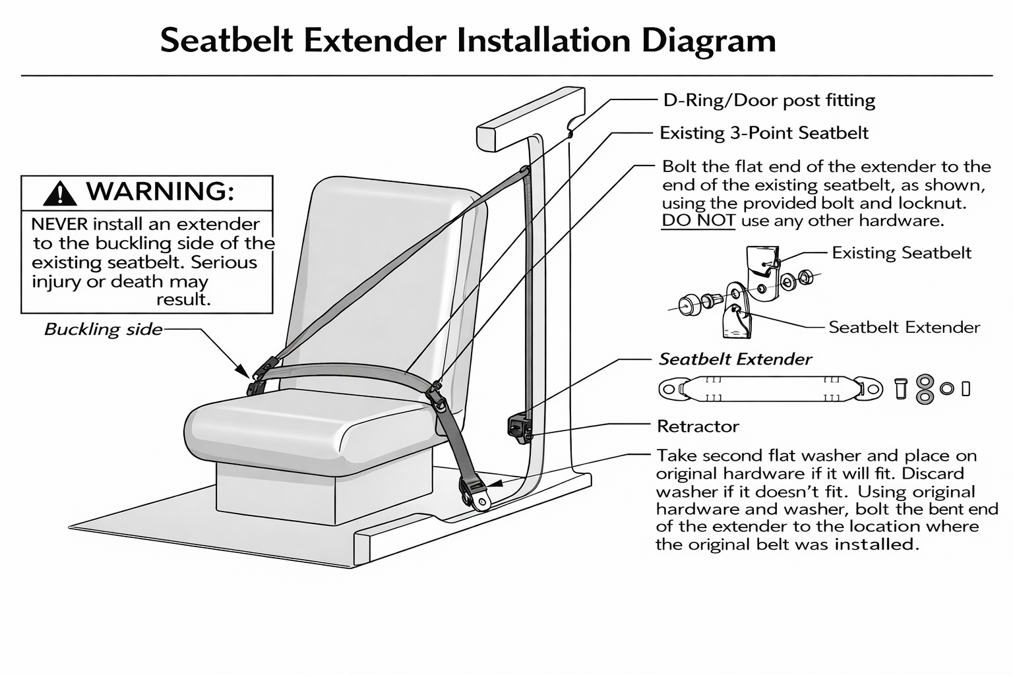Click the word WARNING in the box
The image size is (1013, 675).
(x=160, y=191)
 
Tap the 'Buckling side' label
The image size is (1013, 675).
(x=103, y=329)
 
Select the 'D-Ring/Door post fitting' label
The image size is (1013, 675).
(x=769, y=100)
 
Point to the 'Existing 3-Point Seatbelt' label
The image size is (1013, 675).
(x=764, y=133)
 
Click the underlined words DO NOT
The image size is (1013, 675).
(x=698, y=221)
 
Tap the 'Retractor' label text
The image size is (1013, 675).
(x=698, y=426)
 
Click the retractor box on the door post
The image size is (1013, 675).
(x=520, y=426)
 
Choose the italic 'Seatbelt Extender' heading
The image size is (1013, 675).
(x=735, y=359)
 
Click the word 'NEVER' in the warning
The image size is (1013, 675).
(x=62, y=224)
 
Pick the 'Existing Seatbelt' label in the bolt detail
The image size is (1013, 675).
(x=901, y=253)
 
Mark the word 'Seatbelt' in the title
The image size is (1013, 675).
(x=227, y=41)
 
